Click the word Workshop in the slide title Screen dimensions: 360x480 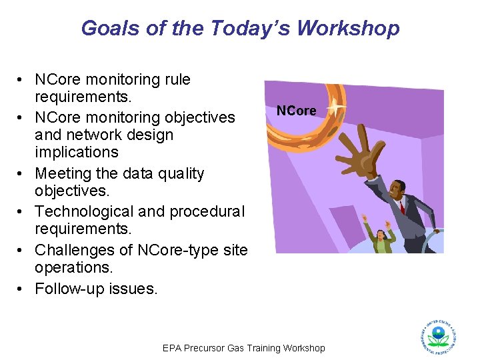coord(348,28)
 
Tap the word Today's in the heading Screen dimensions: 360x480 coord(251,28)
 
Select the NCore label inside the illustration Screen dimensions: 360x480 coord(297,111)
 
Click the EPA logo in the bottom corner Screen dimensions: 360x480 coord(438,337)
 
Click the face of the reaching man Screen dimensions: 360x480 coord(397,190)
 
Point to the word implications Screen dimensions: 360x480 coord(76,152)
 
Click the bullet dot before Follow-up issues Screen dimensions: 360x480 coord(23,289)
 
